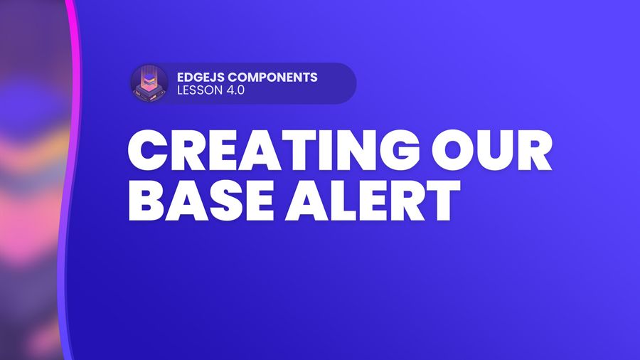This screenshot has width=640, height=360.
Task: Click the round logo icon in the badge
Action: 149,83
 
